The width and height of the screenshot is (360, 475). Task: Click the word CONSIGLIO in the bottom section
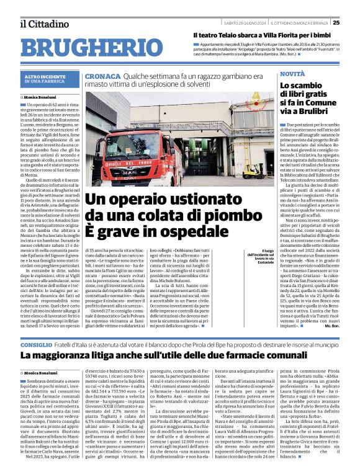coord(40,344)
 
